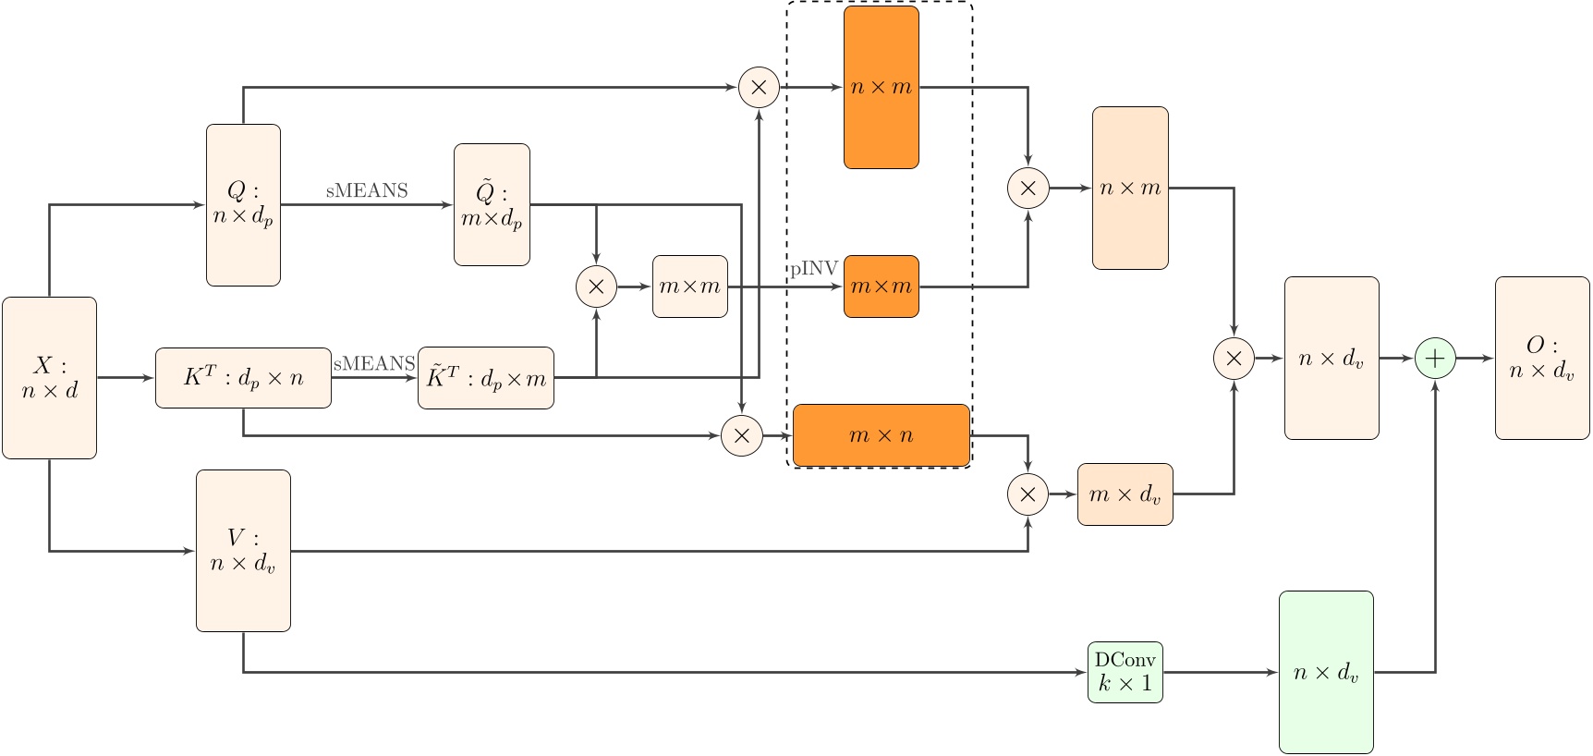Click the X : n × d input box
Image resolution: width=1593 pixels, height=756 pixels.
point(49,377)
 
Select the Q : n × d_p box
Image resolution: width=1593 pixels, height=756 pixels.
point(243,204)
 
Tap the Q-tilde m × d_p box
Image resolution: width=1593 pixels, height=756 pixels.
point(492,204)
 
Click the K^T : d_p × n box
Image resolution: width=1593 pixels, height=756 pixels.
point(243,377)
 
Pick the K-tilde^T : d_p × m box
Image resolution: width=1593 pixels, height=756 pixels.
point(486,377)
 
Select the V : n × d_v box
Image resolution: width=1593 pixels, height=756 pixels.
point(243,551)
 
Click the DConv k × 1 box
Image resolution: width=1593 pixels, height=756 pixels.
point(1125,672)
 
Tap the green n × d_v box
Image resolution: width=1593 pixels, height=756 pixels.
point(1326,672)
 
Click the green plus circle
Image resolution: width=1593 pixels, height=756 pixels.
point(1435,359)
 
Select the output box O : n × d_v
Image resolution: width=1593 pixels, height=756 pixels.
point(1541,358)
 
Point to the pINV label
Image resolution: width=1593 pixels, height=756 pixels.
point(814,269)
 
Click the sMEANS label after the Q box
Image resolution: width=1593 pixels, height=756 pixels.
point(367,190)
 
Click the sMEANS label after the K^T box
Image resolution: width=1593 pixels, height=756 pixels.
point(374,363)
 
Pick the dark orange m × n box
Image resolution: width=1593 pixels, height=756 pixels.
point(882,435)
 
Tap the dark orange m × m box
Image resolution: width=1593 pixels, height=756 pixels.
point(882,287)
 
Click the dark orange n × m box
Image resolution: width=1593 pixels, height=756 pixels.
point(882,88)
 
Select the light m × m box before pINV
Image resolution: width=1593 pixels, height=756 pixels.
point(690,287)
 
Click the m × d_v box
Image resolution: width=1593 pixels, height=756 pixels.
point(1125,494)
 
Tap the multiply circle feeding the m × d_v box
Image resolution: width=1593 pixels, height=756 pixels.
point(1028,494)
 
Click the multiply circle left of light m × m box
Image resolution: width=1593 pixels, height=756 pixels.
point(596,287)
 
